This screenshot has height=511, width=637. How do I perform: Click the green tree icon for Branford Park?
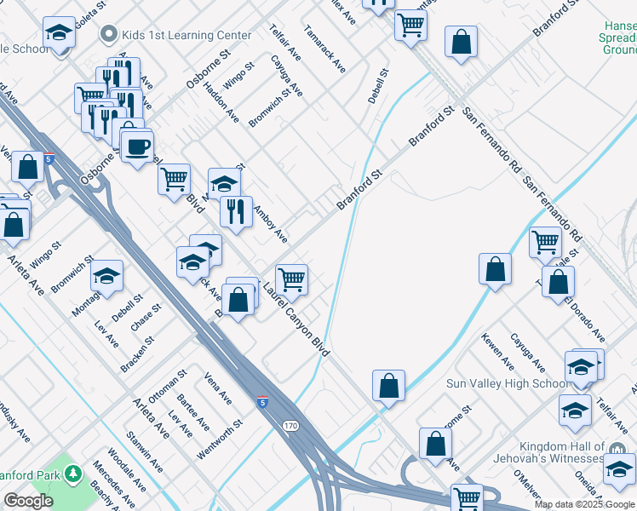point(73,474)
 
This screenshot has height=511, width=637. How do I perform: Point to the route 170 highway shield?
point(291,425)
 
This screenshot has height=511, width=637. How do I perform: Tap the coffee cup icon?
point(136,146)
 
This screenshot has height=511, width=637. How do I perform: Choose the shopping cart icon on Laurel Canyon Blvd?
point(291,278)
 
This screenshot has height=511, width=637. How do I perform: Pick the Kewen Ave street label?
point(497,351)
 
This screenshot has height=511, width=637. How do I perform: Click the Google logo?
point(28,501)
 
